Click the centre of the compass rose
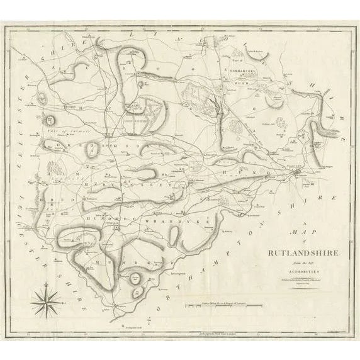click(48, 303)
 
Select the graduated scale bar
click(217, 307)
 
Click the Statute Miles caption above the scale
click(217, 303)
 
